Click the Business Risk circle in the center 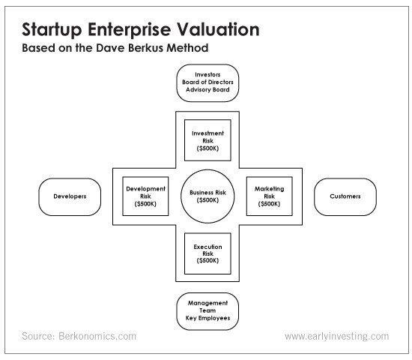(207, 196)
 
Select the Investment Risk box (207, 140)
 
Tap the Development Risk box (145, 196)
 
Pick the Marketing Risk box (270, 196)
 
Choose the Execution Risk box (207, 253)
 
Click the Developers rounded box (70, 196)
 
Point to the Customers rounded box (345, 196)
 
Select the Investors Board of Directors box (207, 83)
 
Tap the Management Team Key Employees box (207, 311)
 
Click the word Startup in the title (52, 29)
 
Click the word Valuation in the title (217, 29)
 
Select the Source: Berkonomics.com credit (79, 336)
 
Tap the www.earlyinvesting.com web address (337, 336)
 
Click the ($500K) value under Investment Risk (207, 148)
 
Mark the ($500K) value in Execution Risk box (207, 260)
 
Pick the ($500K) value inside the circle (207, 200)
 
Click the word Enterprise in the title (130, 29)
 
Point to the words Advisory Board (207, 90)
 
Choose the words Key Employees (207, 318)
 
